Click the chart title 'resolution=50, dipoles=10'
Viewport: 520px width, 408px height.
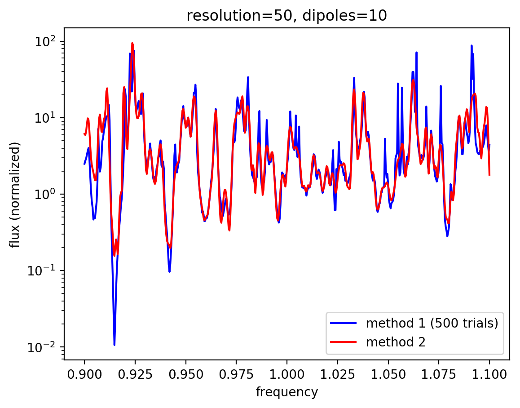(286, 16)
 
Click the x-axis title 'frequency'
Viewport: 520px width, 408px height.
(286, 392)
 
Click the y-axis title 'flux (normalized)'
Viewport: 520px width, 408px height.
(16, 195)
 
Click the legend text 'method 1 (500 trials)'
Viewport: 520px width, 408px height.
(432, 324)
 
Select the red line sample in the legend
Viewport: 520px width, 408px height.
(344, 342)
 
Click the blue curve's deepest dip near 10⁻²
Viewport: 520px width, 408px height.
(115, 344)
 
